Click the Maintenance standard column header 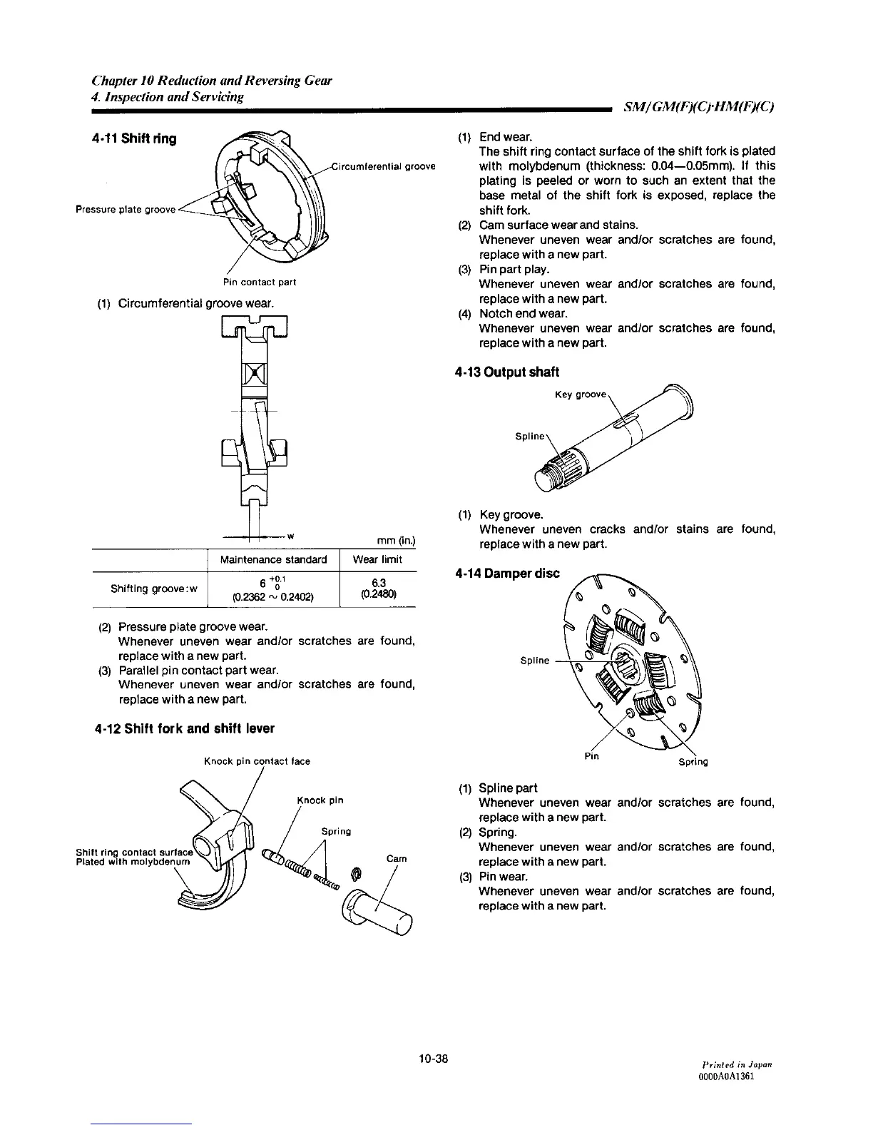click(274, 559)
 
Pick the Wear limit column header click(377, 559)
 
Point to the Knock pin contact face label click(257, 761)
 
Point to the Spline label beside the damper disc click(534, 661)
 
